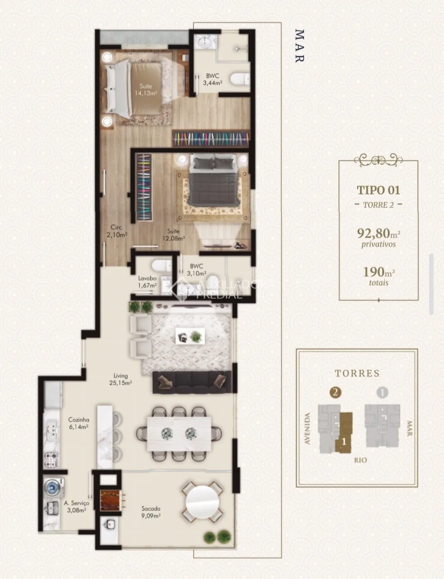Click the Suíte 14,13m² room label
(x=145, y=90)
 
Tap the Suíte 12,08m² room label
(x=173, y=234)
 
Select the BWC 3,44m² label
(x=213, y=79)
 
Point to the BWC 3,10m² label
(x=196, y=270)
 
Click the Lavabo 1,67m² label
(x=148, y=282)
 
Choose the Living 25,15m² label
(x=121, y=379)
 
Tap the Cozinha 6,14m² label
(x=78, y=423)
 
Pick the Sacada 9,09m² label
(x=151, y=512)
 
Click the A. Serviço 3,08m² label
(x=76, y=507)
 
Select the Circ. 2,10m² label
(x=117, y=231)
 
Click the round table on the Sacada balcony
(x=202, y=502)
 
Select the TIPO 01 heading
(x=378, y=190)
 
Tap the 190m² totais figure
(x=379, y=276)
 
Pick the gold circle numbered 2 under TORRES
(x=335, y=392)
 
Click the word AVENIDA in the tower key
(x=307, y=429)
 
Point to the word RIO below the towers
(x=360, y=460)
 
